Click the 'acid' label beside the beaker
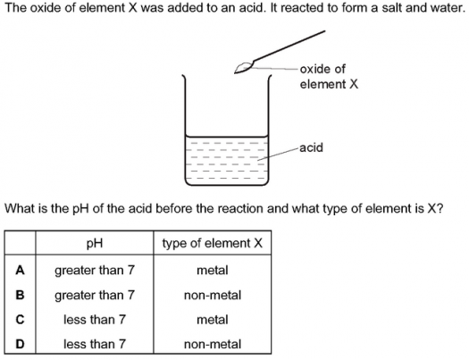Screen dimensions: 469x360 pos(311,147)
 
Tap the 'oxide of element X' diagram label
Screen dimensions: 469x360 pos(329,77)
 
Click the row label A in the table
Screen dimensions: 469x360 pos(20,271)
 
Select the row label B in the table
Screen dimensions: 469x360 pos(20,295)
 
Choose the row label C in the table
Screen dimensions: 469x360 pos(20,320)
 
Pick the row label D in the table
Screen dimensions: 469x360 pos(20,344)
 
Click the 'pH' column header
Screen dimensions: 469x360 pos(95,243)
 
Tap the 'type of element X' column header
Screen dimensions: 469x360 pos(213,243)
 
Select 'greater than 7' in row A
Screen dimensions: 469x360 pos(95,271)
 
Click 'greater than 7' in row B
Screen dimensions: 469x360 pos(95,296)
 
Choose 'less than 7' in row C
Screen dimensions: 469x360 pos(95,320)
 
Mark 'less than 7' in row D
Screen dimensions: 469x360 pos(95,344)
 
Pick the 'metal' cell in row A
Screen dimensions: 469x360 pos(213,271)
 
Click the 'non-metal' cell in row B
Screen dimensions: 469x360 pos(213,295)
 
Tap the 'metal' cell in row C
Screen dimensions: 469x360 pos(213,320)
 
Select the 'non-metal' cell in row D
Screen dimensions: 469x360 pos(213,344)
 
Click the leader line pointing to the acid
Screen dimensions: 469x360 pos(278,154)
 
